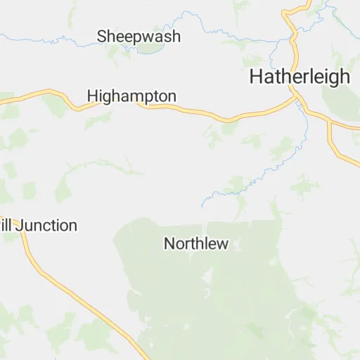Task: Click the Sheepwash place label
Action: pos(139,36)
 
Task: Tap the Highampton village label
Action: pos(131,95)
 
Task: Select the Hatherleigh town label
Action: pos(300,77)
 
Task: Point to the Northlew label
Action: pos(196,244)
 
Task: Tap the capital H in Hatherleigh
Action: pos(256,77)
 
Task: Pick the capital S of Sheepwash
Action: pos(103,36)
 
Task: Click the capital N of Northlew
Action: pos(169,244)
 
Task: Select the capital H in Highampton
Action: pos(92,95)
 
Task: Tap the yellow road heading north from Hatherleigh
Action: pos(289,28)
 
